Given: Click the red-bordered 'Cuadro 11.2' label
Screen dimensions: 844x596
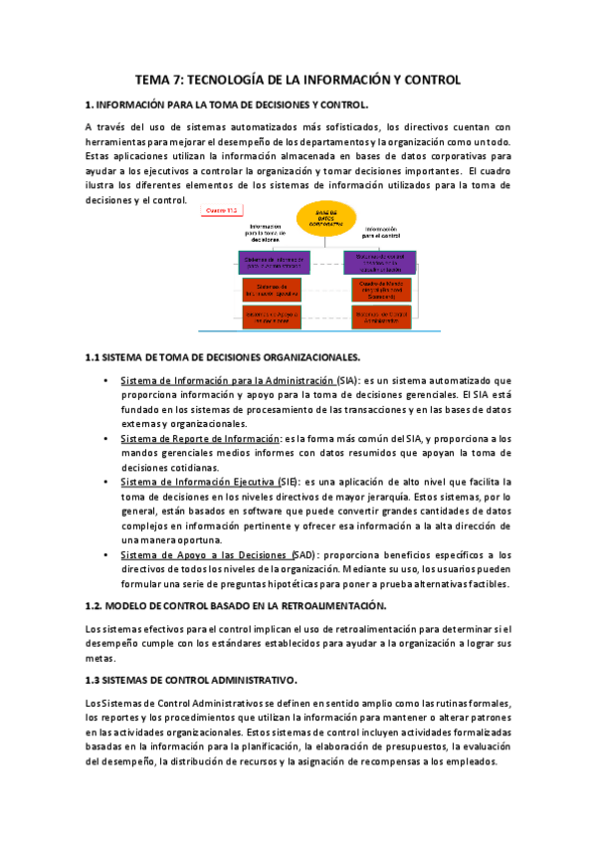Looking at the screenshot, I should point(220,210).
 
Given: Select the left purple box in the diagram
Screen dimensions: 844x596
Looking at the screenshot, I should point(276,262).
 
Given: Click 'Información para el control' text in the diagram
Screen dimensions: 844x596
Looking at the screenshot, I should point(381,234).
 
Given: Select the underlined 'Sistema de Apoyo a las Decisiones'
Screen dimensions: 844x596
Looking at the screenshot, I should point(202,554).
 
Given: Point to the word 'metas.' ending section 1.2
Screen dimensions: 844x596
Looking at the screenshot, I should point(100,658).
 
